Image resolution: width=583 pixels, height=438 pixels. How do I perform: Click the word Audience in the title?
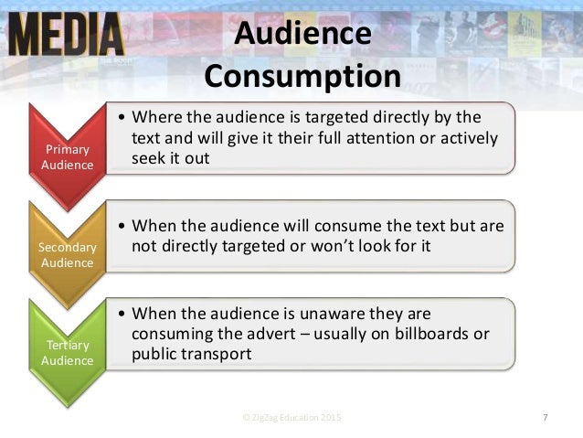tap(302, 33)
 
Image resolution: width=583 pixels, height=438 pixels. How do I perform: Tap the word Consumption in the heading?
tap(302, 75)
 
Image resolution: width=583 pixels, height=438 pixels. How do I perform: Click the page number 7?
tap(545, 418)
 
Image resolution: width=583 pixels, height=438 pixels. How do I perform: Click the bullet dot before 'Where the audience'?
tap(122, 118)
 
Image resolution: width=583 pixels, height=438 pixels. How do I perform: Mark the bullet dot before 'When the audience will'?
tap(122, 226)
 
